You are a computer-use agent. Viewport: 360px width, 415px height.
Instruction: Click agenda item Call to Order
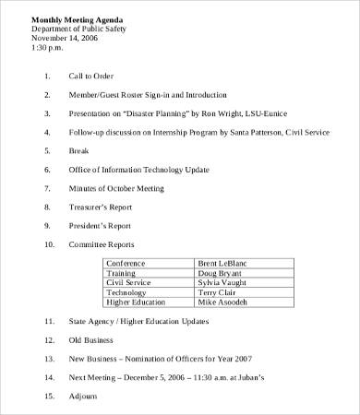pyautogui.click(x=92, y=76)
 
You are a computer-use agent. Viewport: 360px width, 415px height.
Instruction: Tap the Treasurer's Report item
pyautogui.click(x=100, y=208)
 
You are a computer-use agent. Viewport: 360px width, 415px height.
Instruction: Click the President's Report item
pyautogui.click(x=99, y=226)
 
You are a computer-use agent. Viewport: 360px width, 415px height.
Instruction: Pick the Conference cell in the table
pyautogui.click(x=126, y=264)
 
